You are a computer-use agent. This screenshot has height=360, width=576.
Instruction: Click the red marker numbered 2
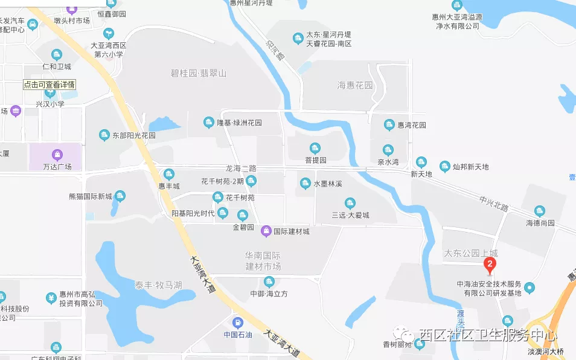(490, 264)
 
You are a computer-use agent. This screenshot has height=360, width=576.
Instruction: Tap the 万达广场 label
(57, 167)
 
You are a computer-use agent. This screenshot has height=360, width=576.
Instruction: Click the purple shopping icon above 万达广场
(57, 155)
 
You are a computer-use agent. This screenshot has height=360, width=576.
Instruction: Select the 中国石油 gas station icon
(238, 323)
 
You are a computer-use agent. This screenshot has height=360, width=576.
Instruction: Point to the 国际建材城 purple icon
(266, 231)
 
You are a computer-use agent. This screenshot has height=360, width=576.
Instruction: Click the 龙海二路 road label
(241, 169)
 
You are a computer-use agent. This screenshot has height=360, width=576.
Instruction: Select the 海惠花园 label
(355, 86)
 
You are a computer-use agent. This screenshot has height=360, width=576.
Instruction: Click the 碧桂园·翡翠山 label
(198, 73)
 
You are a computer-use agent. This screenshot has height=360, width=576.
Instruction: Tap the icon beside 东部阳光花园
(104, 135)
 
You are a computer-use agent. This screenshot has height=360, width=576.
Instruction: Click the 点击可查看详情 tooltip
(50, 85)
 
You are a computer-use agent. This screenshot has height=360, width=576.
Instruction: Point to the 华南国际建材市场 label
(263, 261)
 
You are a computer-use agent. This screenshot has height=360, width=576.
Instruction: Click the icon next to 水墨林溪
(306, 183)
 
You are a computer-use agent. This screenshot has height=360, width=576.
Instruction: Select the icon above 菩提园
(315, 149)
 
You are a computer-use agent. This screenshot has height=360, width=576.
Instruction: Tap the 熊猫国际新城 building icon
(120, 196)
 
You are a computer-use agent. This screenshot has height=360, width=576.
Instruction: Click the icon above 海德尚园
(540, 211)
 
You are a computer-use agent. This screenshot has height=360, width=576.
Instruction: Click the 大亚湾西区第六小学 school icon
(109, 34)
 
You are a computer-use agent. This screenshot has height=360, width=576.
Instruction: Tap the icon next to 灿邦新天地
(445, 167)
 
